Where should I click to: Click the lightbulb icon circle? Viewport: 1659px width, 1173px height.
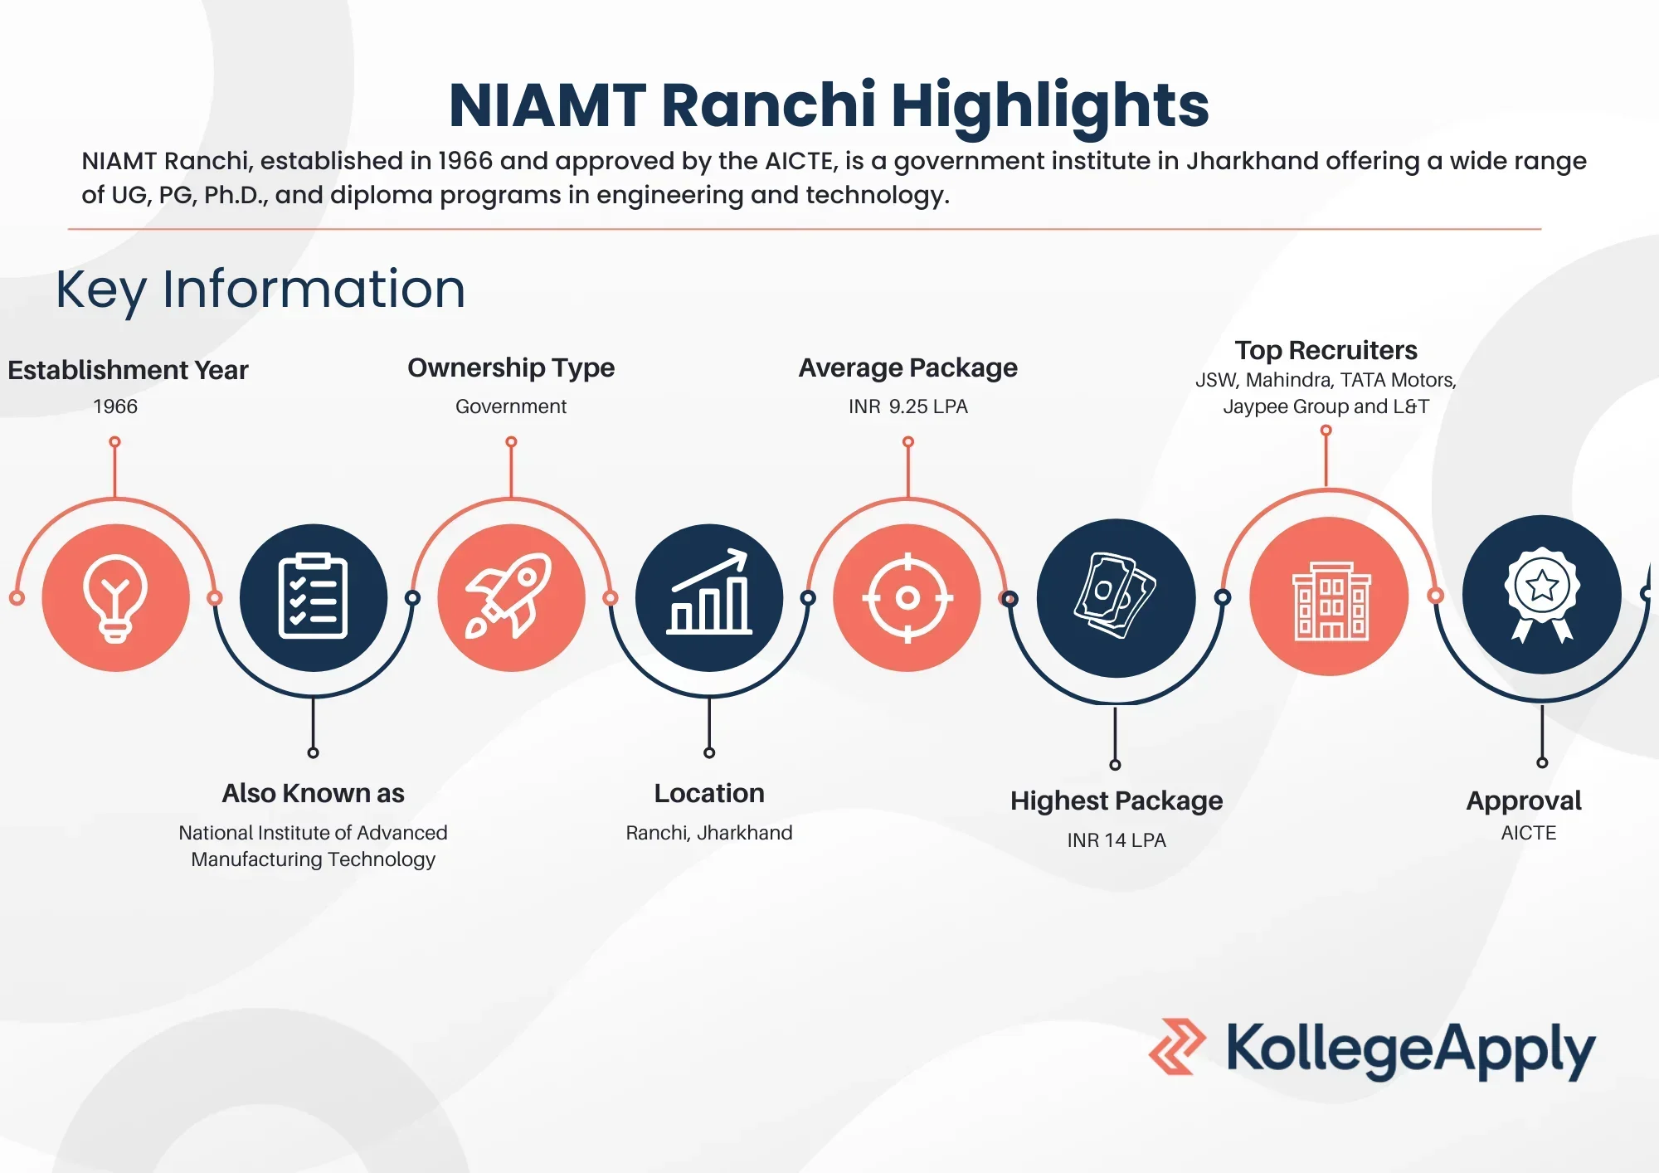(115, 597)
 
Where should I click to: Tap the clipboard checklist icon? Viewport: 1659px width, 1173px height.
(313, 597)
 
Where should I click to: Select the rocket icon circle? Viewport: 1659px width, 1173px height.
(511, 597)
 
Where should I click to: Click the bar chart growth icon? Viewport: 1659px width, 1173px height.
(709, 597)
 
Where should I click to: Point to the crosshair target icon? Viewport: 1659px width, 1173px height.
(907, 597)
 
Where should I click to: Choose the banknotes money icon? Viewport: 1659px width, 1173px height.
(1116, 597)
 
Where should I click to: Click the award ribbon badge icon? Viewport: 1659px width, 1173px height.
(1541, 594)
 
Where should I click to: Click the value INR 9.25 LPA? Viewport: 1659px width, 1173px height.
(907, 406)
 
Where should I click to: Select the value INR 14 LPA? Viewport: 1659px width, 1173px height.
(1116, 840)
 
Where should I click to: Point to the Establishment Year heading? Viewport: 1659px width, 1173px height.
(128, 370)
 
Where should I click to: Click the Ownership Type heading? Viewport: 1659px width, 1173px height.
(511, 367)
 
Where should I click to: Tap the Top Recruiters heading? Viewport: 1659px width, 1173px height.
(1326, 350)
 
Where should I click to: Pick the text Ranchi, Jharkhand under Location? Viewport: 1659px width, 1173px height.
(709, 833)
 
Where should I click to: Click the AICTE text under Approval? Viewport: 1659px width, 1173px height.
(1528, 833)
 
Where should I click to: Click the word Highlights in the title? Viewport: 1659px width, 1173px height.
(1049, 105)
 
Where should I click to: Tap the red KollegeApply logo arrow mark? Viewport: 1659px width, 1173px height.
(1176, 1047)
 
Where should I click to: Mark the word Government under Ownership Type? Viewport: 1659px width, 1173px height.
(511, 406)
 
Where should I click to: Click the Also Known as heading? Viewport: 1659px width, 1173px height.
(313, 794)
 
